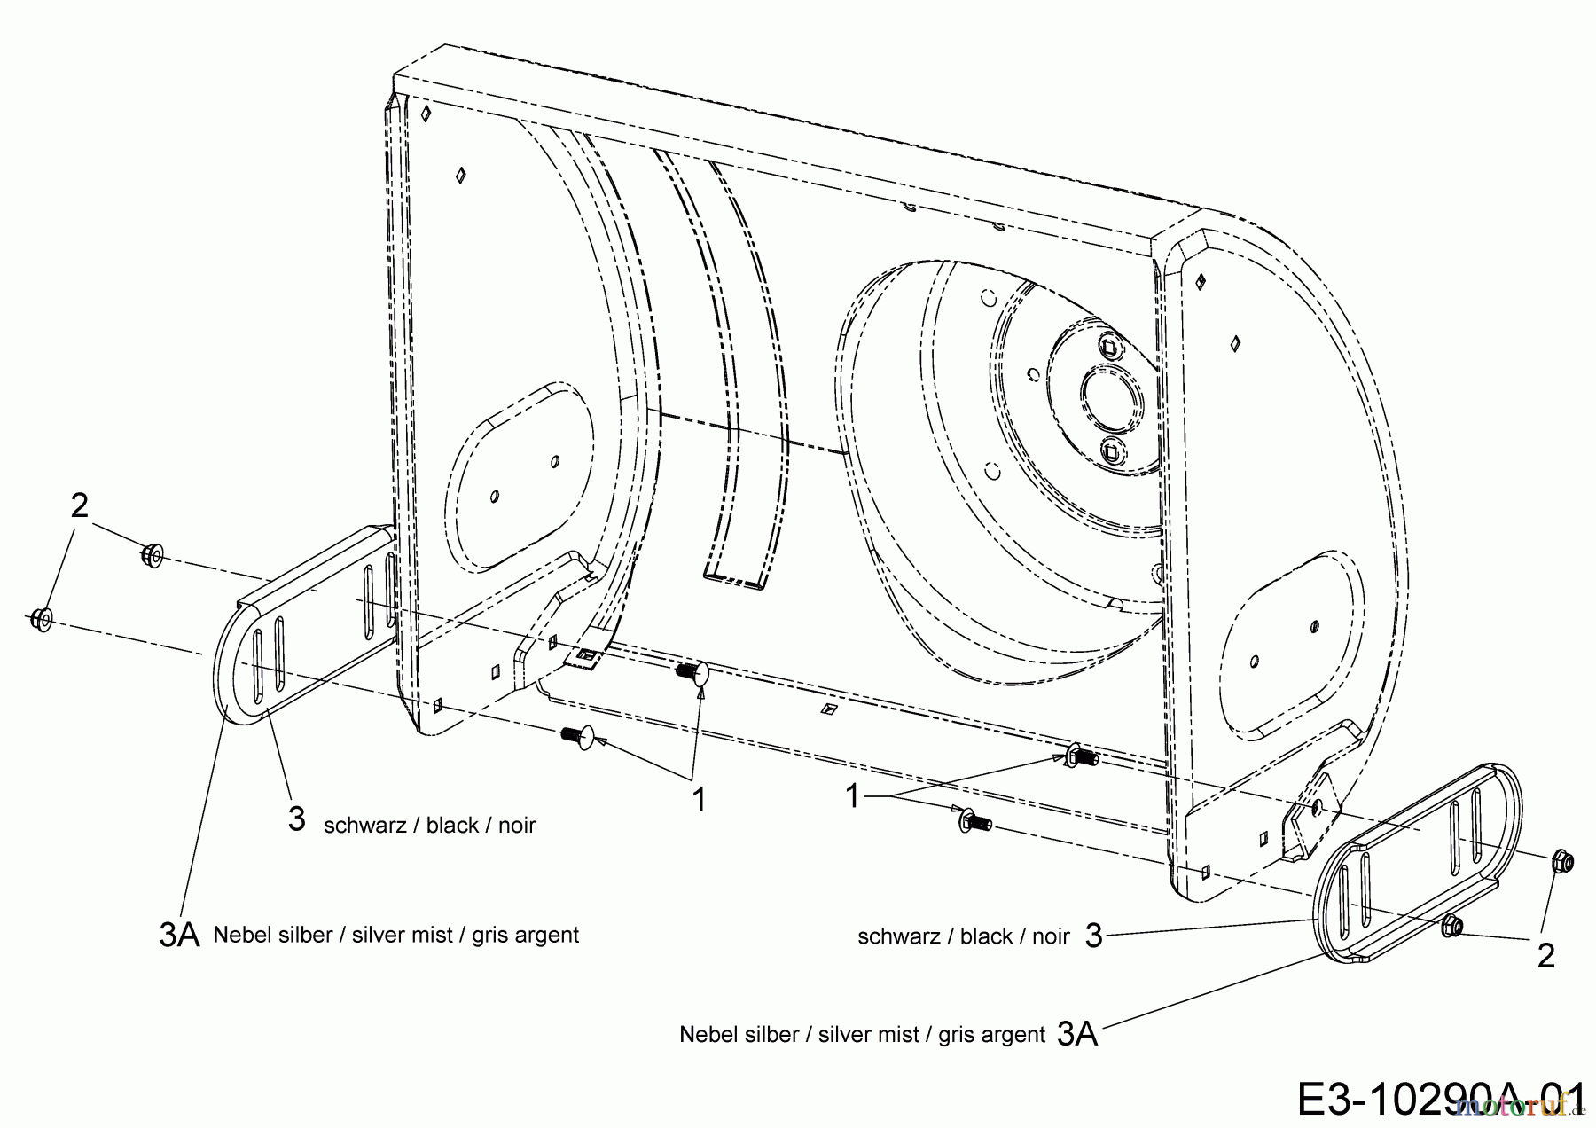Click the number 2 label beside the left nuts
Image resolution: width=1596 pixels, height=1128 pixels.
coord(79,505)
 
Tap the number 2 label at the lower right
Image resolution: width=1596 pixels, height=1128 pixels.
coord(1545,956)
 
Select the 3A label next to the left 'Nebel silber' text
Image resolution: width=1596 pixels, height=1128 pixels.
coord(179,935)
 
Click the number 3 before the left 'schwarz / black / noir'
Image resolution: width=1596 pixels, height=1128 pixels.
coord(296,819)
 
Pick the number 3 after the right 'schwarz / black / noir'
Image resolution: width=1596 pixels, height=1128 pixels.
coord(1093,935)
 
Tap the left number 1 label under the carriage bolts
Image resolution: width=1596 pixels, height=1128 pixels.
coord(699,800)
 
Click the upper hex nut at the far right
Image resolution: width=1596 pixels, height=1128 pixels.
coord(1562,860)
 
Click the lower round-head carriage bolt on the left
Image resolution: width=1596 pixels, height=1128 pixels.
coord(578,735)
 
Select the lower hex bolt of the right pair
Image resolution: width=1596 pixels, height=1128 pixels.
coord(972,822)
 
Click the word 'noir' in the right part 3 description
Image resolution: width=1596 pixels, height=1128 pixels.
coord(1048,936)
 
